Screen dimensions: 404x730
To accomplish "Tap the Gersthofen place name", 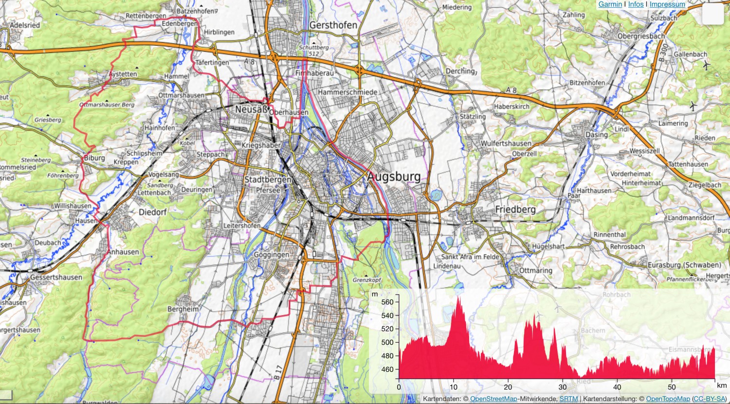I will (333, 25).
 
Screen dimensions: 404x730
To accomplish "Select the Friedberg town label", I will (515, 210).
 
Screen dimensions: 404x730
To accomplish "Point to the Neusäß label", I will (251, 109).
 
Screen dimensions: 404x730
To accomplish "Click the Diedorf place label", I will (153, 212).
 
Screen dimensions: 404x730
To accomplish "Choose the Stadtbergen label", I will (268, 179).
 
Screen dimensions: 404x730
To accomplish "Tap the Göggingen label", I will (272, 254).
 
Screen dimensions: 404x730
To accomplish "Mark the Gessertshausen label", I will (56, 277).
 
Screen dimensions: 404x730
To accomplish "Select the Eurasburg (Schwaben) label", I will (684, 265).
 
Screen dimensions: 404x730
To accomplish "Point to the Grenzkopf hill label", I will (367, 280).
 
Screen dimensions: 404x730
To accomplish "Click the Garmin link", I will (610, 4).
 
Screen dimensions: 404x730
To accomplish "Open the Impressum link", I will (667, 4).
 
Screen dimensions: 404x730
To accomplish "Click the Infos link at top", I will (636, 4).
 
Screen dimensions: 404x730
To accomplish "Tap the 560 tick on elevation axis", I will (387, 302).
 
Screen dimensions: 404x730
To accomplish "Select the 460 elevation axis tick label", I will (387, 369).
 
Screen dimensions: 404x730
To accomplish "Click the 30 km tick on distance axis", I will (563, 387).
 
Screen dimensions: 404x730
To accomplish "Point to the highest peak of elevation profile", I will (458, 296).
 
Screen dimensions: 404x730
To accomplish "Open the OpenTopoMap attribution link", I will (668, 399).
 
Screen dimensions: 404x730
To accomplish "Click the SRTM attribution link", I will (568, 399).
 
